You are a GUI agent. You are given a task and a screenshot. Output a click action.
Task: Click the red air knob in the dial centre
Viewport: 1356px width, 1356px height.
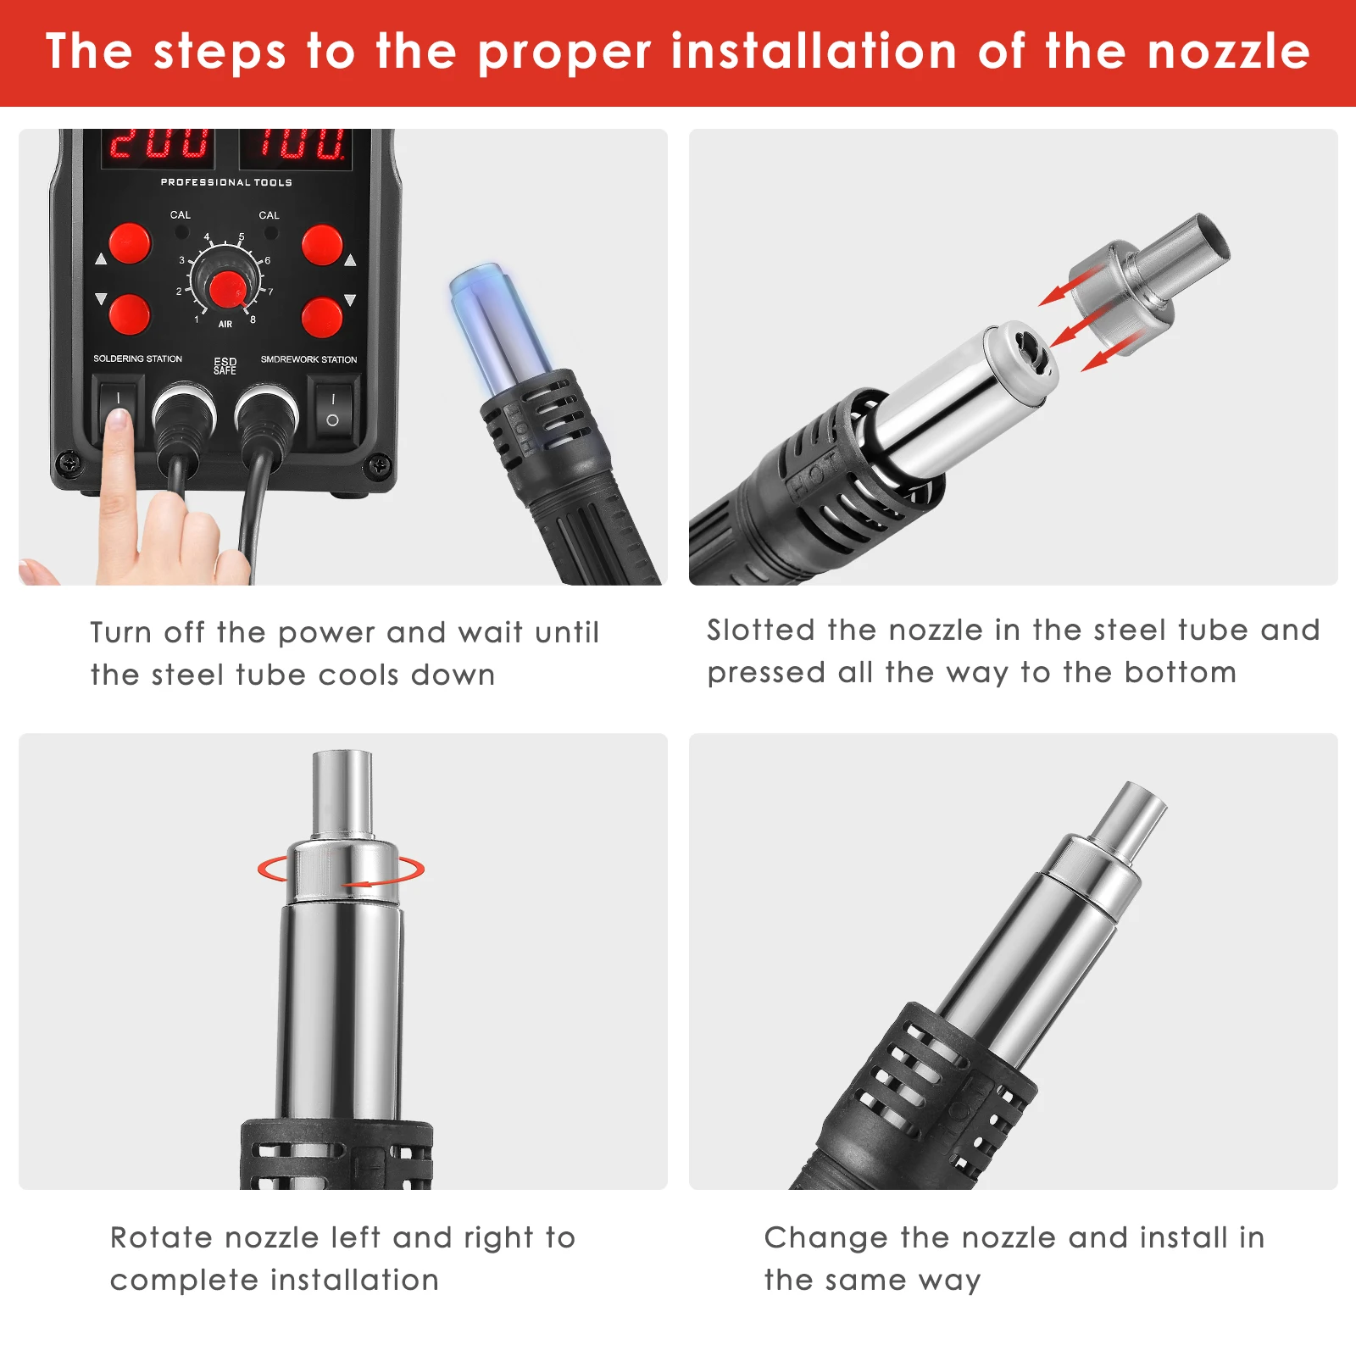(227, 290)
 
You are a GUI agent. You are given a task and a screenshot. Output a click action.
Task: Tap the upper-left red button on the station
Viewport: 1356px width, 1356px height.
(130, 244)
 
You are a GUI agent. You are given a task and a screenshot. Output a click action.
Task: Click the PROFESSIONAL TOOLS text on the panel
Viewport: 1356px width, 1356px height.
(226, 182)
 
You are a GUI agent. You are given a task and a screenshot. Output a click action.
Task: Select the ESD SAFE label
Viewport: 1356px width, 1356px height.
(225, 365)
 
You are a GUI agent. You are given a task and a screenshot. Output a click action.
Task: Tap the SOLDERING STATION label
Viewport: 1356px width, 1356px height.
(137, 358)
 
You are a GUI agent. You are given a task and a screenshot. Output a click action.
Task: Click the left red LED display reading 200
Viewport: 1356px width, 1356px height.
(159, 144)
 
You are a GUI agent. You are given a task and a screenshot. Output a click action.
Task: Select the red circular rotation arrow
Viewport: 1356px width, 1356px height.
(341, 871)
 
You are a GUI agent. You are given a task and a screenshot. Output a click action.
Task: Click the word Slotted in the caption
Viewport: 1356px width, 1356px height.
(761, 630)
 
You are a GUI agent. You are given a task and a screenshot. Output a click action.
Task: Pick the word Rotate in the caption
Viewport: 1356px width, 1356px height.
(163, 1237)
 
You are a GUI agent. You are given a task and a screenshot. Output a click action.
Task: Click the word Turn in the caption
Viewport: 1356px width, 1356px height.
(121, 632)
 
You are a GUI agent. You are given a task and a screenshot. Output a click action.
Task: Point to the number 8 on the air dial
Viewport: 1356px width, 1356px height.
(253, 320)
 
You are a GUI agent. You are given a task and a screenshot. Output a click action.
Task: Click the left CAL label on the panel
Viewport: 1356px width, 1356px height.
(181, 215)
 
